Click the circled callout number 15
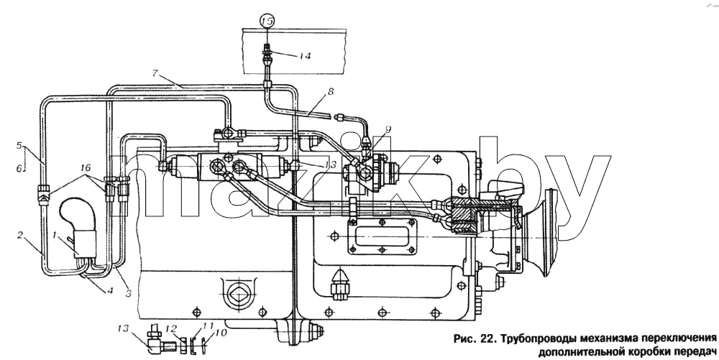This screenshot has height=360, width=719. pos(267,20)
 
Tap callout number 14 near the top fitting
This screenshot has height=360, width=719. pos(304,56)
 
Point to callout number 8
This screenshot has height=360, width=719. pos(331,91)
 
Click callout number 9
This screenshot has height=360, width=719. pos(388,129)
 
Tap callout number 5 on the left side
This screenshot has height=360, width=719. pos(19,146)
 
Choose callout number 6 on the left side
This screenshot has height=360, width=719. pos(19,169)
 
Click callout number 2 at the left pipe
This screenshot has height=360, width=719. pos(20,236)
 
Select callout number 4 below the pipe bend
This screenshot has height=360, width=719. pos(110,290)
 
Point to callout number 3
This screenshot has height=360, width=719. pos(128,293)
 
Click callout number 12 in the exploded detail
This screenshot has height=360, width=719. pos(170,328)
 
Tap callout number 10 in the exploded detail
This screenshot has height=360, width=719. pos(221,333)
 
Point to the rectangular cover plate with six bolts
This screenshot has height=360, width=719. pos(382,236)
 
